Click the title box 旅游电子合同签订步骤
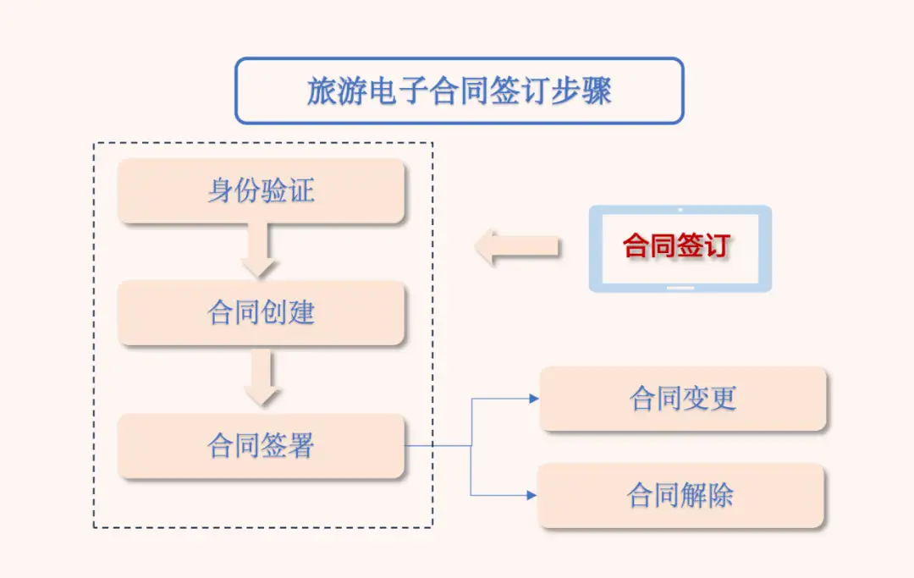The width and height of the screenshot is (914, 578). click(x=459, y=91)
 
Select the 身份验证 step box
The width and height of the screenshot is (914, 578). click(x=262, y=191)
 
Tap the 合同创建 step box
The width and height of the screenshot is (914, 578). click(x=262, y=313)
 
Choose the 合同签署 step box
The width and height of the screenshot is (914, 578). click(x=262, y=445)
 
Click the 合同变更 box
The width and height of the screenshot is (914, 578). click(x=683, y=399)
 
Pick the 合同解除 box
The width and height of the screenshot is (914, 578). click(x=681, y=495)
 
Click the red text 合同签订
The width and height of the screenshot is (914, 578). click(x=675, y=246)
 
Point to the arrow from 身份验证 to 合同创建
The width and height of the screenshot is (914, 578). click(x=260, y=251)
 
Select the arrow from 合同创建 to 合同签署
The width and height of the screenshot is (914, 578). click(x=262, y=378)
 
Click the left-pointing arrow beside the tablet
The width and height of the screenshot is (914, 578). click(x=515, y=247)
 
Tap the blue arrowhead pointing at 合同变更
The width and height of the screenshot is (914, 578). click(x=533, y=398)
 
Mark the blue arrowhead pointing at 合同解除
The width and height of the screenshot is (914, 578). click(x=533, y=494)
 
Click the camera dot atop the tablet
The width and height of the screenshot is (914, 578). click(x=680, y=210)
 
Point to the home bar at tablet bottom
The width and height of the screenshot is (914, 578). click(x=680, y=287)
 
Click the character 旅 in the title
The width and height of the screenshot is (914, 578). click(x=322, y=91)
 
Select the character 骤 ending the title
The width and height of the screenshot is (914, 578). click(x=597, y=91)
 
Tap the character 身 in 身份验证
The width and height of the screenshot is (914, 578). click(x=221, y=191)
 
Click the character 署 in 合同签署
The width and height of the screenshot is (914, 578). click(x=301, y=445)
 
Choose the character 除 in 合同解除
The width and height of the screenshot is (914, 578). click(x=721, y=495)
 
